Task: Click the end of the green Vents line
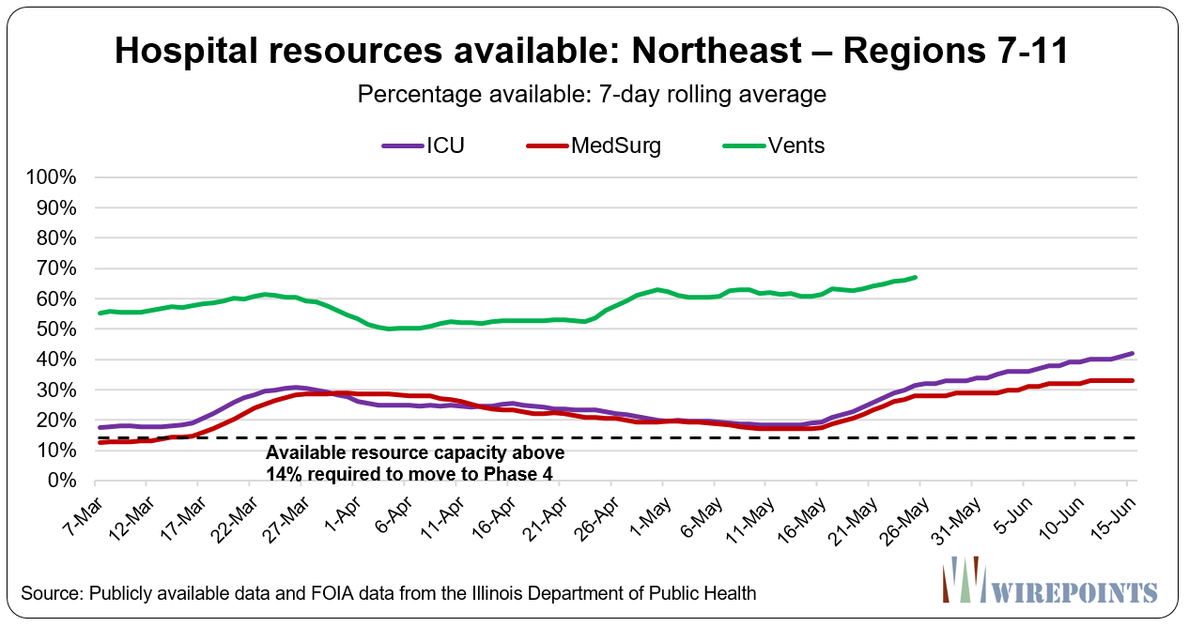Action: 916,277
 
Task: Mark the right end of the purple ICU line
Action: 1133,354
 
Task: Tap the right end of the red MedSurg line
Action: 1133,380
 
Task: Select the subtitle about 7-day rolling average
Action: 593,94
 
